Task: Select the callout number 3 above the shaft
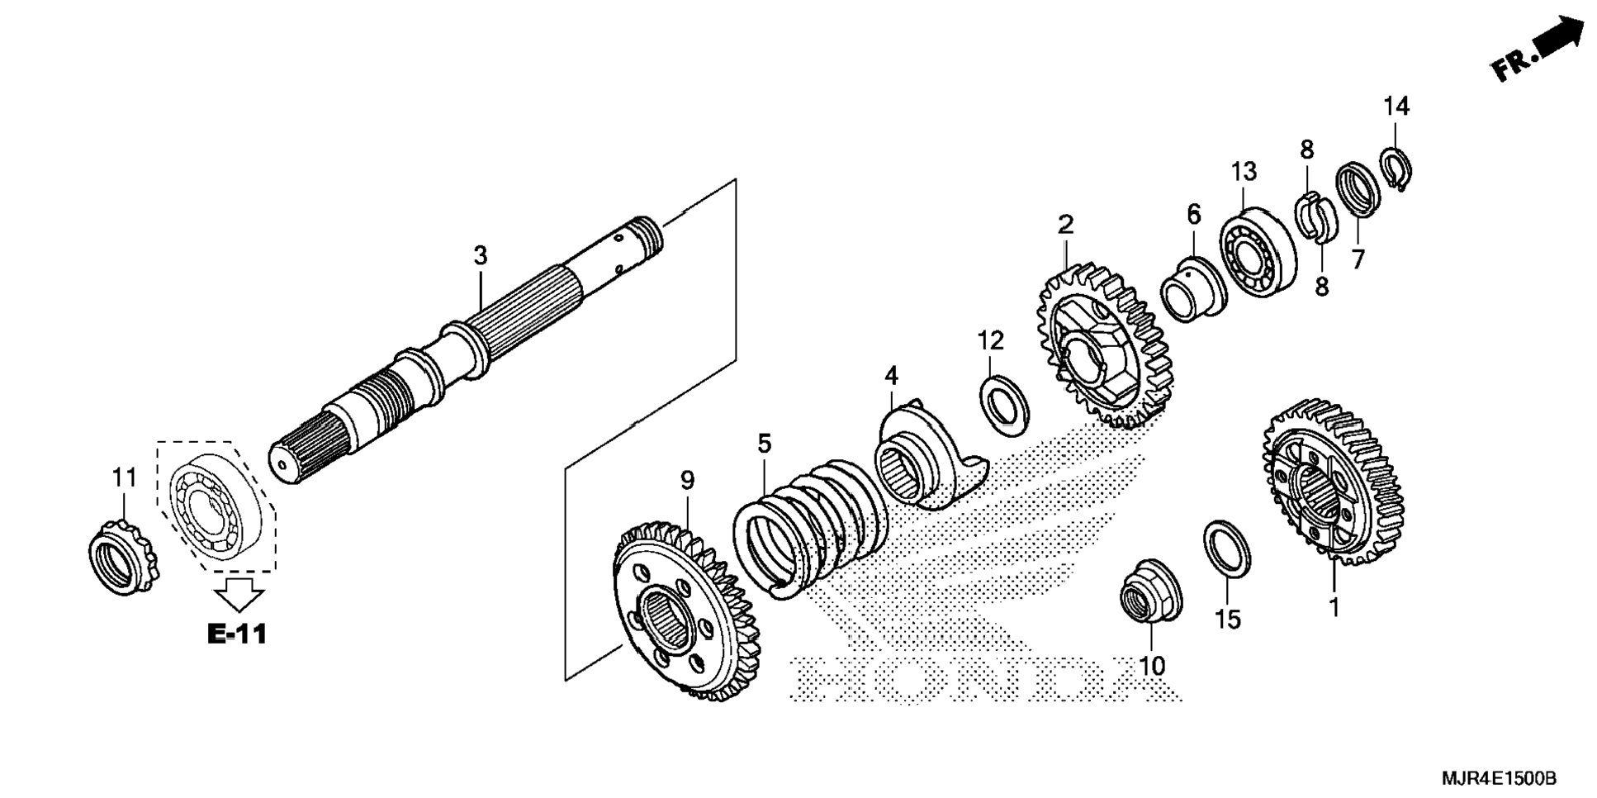481,256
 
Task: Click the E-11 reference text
237,634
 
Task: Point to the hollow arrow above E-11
239,593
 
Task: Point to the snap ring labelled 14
1396,169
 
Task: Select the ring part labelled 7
1358,189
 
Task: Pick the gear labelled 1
1331,483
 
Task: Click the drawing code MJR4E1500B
1499,778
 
